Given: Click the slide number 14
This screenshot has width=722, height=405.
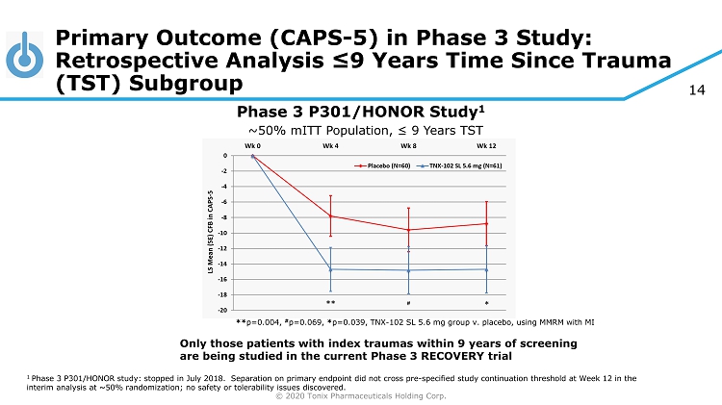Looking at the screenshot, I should (x=698, y=90).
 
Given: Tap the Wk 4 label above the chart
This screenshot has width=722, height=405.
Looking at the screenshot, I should (x=330, y=145).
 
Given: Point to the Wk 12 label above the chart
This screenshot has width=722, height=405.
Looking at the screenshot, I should (x=486, y=145).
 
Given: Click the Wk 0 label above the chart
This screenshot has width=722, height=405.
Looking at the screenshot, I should (x=252, y=145).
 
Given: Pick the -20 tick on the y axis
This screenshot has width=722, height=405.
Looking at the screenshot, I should (x=224, y=310).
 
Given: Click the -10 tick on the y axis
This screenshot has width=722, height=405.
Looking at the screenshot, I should (x=224, y=233).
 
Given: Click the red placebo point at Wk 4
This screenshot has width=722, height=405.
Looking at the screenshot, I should (x=330, y=215).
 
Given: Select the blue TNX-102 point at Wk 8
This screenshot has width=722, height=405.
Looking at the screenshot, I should (x=408, y=270).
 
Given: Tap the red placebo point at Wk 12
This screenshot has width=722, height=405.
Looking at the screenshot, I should (x=486, y=223).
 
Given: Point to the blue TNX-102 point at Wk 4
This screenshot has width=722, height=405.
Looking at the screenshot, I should (x=330, y=269).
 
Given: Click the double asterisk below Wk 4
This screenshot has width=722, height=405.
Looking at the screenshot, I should (x=330, y=302).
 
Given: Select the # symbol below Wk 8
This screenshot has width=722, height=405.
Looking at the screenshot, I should (x=408, y=302).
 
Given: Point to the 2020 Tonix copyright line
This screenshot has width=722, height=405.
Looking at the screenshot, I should (x=361, y=395).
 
